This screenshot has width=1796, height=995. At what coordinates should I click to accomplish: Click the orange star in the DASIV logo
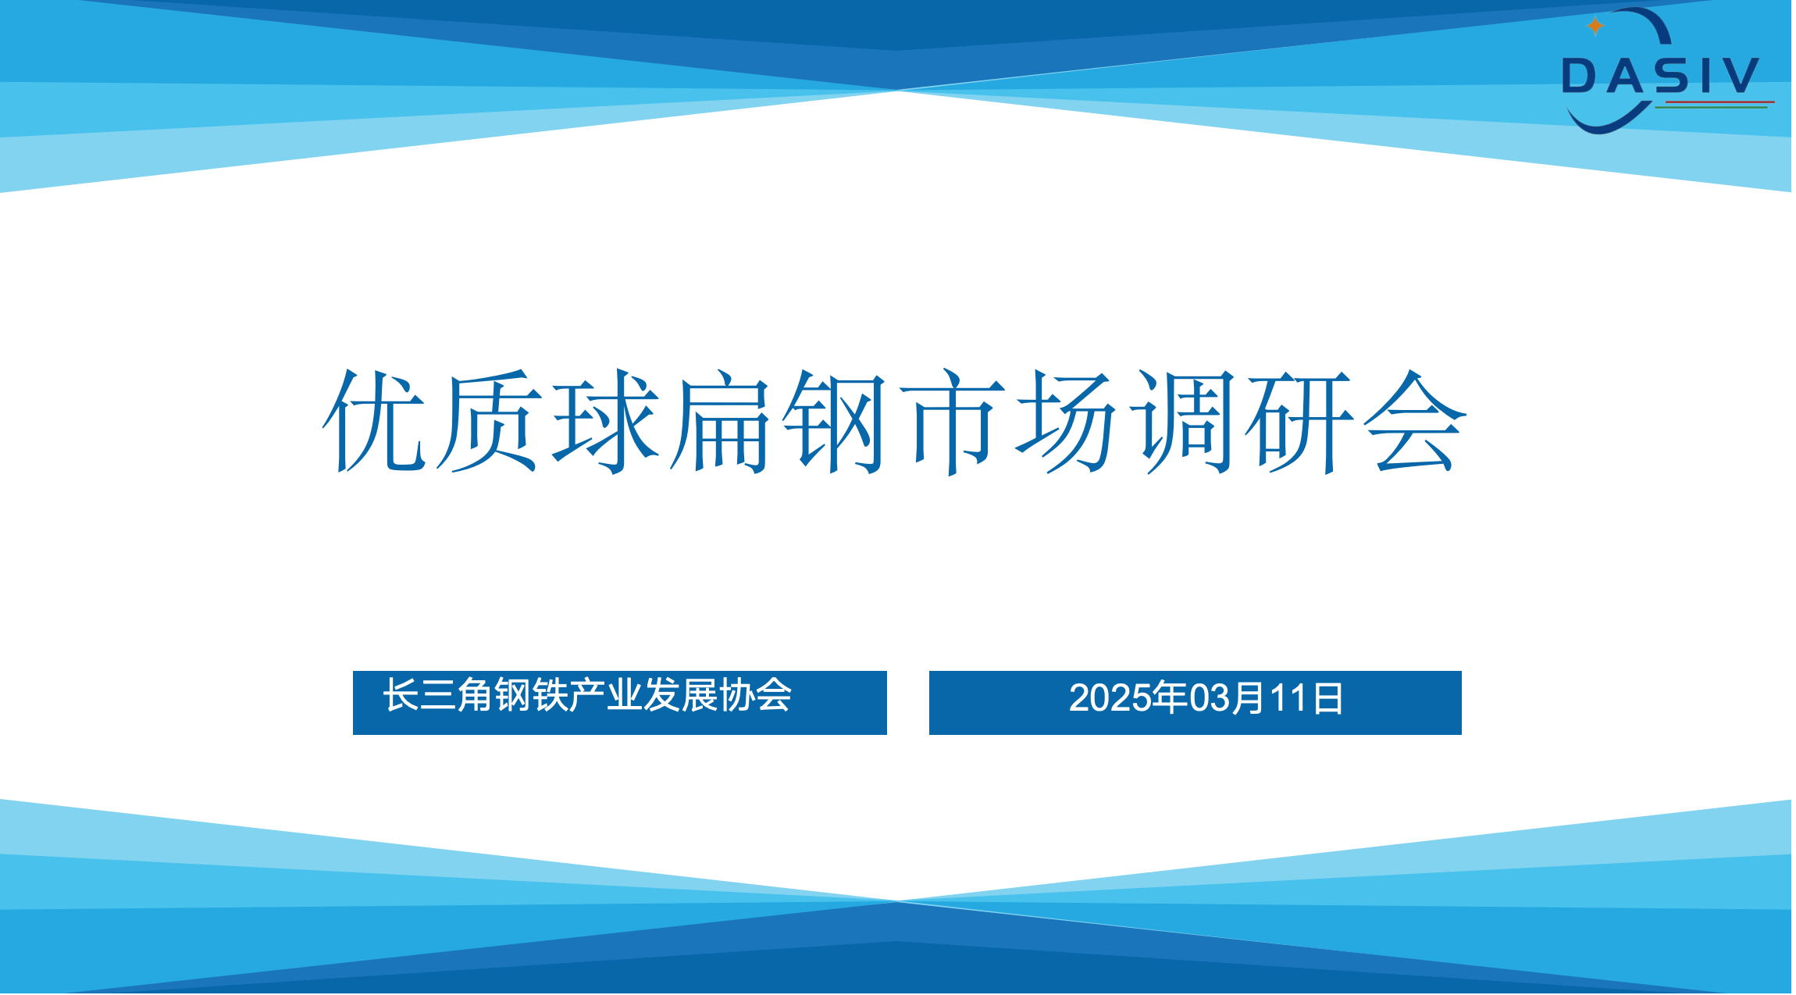coord(1595,27)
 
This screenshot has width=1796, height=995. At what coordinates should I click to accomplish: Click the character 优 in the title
coord(374,420)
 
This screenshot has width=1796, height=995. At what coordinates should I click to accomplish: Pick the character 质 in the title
coord(488,420)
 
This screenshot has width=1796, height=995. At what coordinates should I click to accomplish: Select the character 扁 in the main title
coord(720,420)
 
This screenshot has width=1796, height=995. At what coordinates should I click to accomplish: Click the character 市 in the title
coord(953,422)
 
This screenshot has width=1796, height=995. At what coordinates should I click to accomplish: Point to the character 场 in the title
coord(1067,420)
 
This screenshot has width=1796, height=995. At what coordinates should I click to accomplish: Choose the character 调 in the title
coord(1184,422)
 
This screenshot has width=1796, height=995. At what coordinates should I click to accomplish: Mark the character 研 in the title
coord(1299,422)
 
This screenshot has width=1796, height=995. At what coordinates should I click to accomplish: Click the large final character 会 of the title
coord(1415,420)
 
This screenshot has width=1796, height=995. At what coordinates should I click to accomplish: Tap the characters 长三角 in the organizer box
coord(438,694)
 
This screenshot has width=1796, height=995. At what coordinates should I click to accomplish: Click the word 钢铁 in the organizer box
coord(531,694)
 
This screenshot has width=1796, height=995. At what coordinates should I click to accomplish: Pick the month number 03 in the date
coord(1208,697)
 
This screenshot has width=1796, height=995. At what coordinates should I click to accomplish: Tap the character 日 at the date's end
coord(1327,698)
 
